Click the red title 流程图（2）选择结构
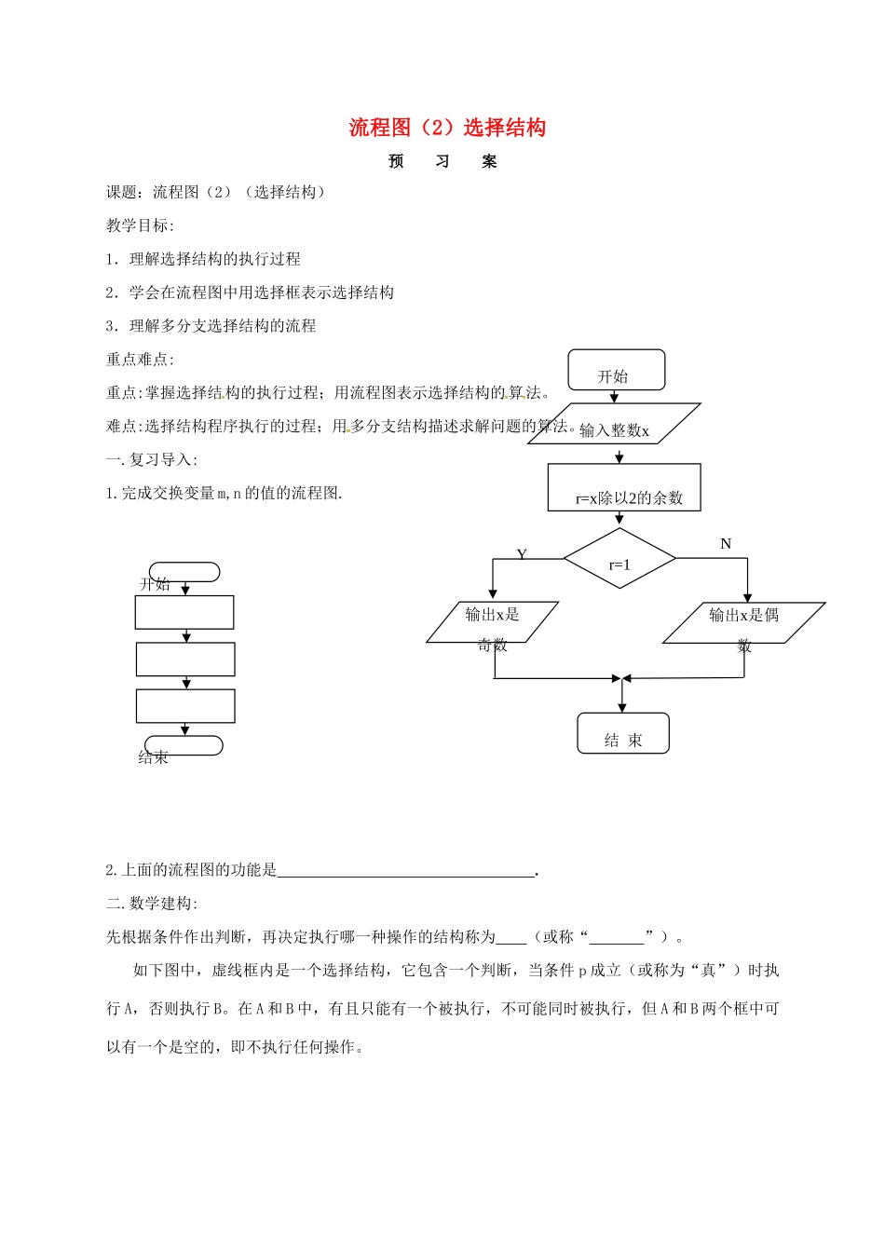pyautogui.click(x=447, y=128)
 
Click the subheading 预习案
pyautogui.click(x=443, y=161)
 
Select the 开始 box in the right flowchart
pyautogui.click(x=616, y=370)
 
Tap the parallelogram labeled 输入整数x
pyautogui.click(x=615, y=425)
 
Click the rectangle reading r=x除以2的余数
pyautogui.click(x=624, y=487)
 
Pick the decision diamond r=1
pyautogui.click(x=619, y=559)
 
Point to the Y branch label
pyautogui.click(x=522, y=554)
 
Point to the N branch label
pyautogui.click(x=726, y=544)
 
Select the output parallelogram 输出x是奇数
pyautogui.click(x=493, y=622)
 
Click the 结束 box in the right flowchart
pyautogui.click(x=623, y=733)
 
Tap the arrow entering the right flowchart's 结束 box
pyautogui.click(x=622, y=697)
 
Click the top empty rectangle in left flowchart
pyautogui.click(x=184, y=612)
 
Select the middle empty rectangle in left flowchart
pyautogui.click(x=185, y=659)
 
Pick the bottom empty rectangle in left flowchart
pyautogui.click(x=185, y=705)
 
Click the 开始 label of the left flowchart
pyautogui.click(x=156, y=584)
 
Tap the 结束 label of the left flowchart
pyautogui.click(x=154, y=757)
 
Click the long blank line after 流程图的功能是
pyautogui.click(x=406, y=870)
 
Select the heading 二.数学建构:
pyautogui.click(x=152, y=903)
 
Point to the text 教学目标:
pyautogui.click(x=140, y=225)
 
